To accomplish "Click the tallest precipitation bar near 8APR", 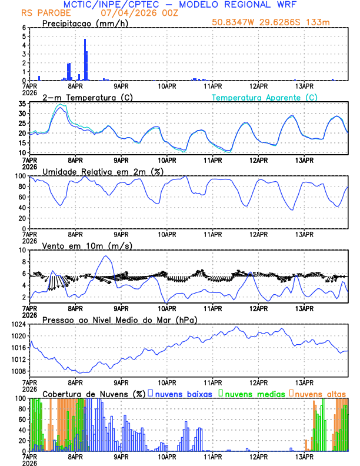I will pos(85,59).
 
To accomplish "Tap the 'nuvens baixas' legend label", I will pos(183,394).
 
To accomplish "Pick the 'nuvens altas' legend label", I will pos(321,394).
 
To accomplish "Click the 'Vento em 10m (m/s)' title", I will pos(79,245).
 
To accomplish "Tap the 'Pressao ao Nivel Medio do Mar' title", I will pos(119,319).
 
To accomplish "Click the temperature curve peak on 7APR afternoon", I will pos(61,107).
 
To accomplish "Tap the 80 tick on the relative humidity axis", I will pos(24,187).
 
